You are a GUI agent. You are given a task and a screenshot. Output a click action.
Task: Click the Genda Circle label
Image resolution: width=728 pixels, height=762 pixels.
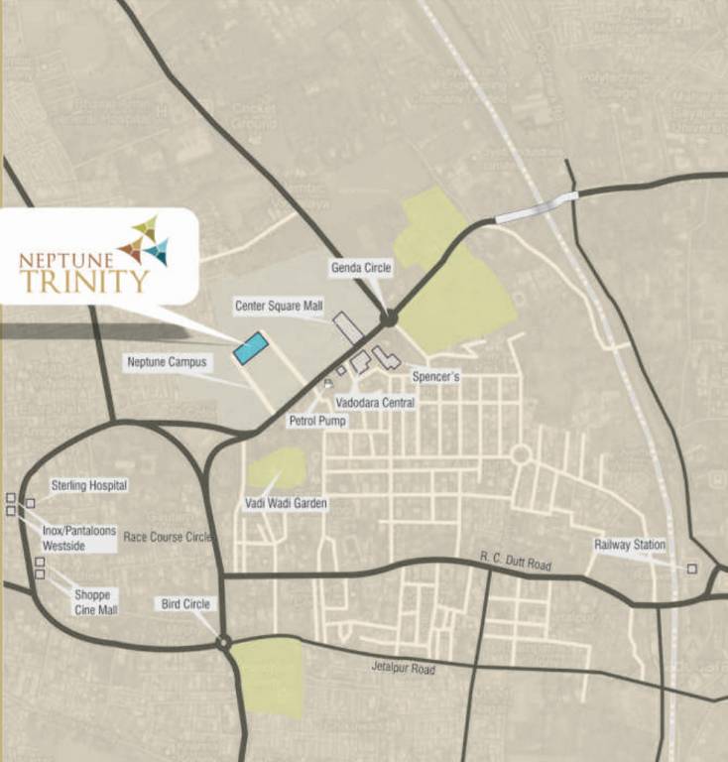click(x=361, y=268)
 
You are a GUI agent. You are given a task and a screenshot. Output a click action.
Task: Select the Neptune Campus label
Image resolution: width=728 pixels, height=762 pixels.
click(x=167, y=362)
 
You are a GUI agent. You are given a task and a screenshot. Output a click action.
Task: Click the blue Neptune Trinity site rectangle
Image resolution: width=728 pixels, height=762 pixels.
click(x=251, y=348)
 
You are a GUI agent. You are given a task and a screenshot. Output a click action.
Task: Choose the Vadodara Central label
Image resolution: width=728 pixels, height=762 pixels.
click(x=374, y=403)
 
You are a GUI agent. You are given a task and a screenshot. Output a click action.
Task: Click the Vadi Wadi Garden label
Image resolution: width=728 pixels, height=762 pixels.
click(x=286, y=504)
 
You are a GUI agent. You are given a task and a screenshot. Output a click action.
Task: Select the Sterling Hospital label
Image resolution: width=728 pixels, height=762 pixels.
click(x=89, y=485)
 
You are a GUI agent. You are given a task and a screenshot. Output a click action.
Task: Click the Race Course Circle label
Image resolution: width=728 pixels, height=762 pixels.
click(x=168, y=537)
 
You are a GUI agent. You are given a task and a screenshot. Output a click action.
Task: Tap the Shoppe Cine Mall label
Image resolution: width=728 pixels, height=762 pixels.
click(x=95, y=602)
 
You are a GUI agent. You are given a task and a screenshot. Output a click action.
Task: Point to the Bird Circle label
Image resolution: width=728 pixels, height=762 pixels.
click(x=185, y=603)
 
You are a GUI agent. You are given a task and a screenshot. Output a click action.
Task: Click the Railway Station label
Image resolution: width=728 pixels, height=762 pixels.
click(x=630, y=545)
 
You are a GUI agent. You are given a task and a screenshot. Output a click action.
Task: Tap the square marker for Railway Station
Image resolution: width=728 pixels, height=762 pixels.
click(x=691, y=569)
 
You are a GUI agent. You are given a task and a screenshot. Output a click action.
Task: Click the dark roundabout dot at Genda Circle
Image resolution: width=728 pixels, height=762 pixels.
click(x=389, y=318)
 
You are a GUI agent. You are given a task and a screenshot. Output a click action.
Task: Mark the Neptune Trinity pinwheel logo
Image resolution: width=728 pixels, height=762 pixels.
click(x=144, y=240)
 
